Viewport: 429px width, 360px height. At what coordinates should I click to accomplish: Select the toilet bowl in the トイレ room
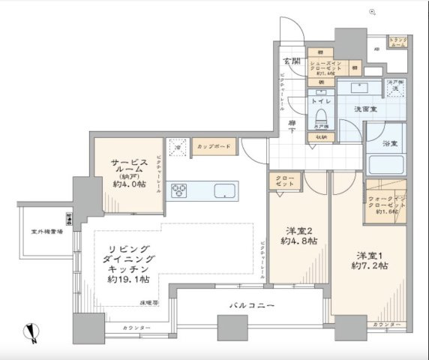pyautogui.click(x=320, y=117)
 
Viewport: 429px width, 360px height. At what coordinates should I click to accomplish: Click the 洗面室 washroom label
pyautogui.click(x=365, y=109)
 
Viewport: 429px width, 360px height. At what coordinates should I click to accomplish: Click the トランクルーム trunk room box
pyautogui.click(x=397, y=43)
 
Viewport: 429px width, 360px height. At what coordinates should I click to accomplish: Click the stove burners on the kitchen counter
pyautogui.click(x=181, y=190)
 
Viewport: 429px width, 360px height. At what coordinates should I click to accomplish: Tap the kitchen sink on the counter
pyautogui.click(x=224, y=190)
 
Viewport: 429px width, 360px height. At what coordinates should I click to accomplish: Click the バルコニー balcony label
pyautogui.click(x=251, y=305)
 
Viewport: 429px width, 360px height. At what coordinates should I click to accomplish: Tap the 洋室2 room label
pyautogui.click(x=298, y=229)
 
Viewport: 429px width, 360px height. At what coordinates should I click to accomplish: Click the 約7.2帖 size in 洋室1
pyautogui.click(x=371, y=265)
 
